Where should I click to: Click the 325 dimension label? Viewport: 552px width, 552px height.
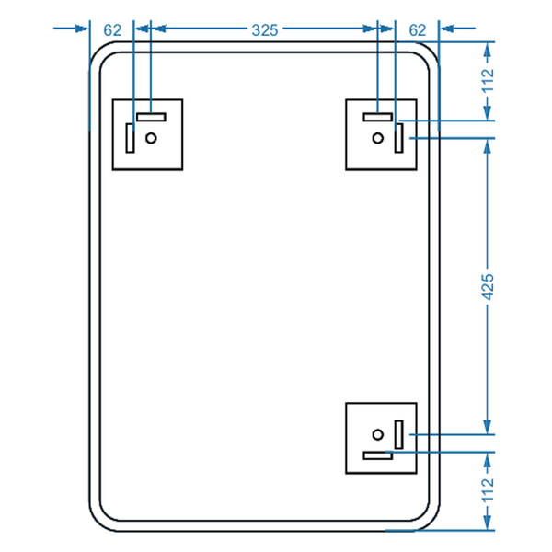pyautogui.click(x=265, y=30)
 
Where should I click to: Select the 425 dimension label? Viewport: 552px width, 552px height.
pyautogui.click(x=488, y=287)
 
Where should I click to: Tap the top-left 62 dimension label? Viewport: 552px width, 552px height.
pyautogui.click(x=112, y=30)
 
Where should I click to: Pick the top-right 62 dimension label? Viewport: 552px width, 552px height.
pyautogui.click(x=418, y=30)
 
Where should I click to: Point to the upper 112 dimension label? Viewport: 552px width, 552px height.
pyautogui.click(x=488, y=81)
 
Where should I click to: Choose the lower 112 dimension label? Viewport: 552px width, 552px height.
pyautogui.click(x=488, y=490)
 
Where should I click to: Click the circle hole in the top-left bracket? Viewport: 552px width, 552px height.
pyautogui.click(x=152, y=138)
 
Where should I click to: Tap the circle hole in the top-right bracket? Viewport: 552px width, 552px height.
pyautogui.click(x=378, y=138)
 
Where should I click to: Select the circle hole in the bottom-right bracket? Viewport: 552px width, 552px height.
pyautogui.click(x=378, y=435)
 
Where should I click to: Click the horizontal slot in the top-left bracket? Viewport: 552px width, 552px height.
pyautogui.click(x=151, y=117)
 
